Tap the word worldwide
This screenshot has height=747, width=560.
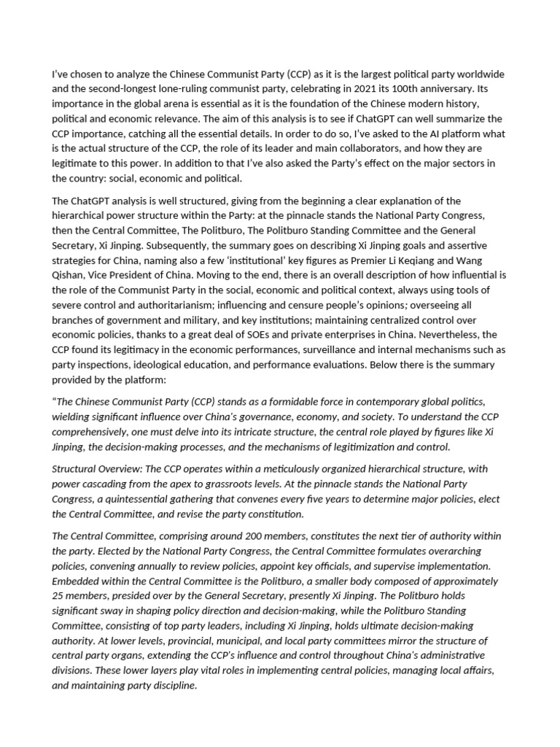click(482, 75)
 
